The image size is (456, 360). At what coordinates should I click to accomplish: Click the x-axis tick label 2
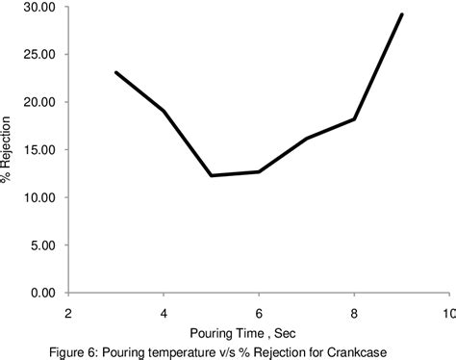point(68,313)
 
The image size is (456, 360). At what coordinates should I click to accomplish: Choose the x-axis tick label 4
point(164,313)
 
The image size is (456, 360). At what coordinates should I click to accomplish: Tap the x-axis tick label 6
point(259,313)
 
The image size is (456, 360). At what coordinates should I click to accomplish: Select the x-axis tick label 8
point(354,313)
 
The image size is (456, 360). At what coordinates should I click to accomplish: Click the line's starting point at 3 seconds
point(116,72)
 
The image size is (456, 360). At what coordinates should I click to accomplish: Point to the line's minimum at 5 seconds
point(212,175)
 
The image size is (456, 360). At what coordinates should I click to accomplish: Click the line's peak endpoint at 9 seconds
point(402,14)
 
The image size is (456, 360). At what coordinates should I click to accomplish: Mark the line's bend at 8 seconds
point(354,119)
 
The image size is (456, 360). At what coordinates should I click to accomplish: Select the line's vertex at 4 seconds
point(164,112)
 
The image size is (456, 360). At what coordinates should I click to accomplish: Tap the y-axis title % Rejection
point(9,149)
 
